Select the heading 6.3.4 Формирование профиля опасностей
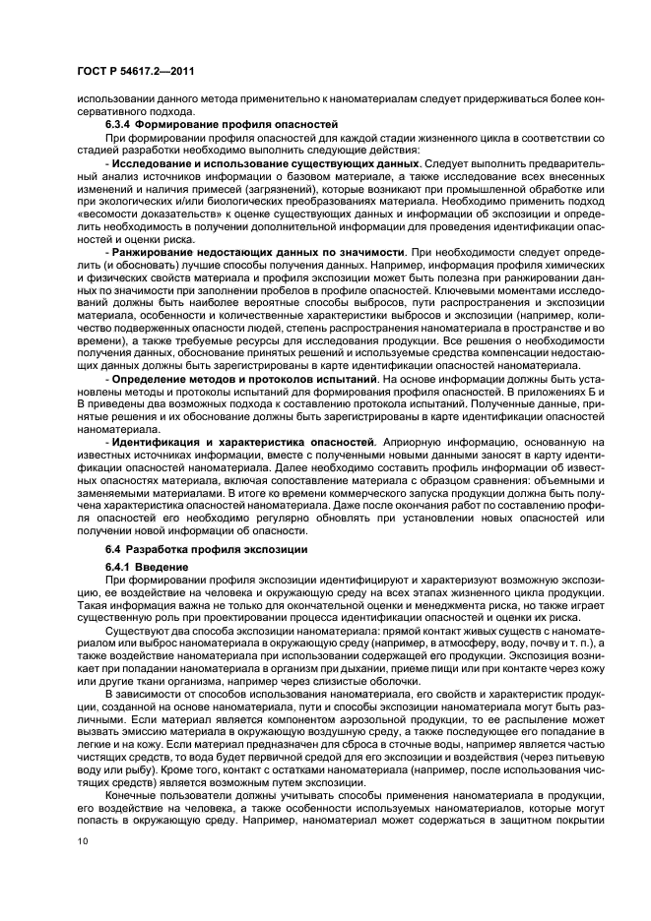pyautogui.click(x=207, y=125)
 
